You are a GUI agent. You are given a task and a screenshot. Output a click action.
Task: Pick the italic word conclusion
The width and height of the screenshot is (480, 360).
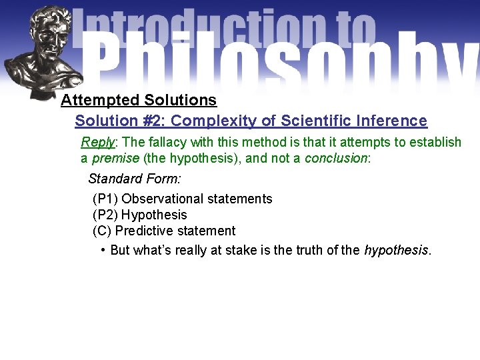tap(335, 159)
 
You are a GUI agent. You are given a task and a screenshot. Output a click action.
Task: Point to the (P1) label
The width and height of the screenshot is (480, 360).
tap(105, 199)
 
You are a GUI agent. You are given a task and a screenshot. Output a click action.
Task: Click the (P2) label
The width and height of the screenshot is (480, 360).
tap(105, 215)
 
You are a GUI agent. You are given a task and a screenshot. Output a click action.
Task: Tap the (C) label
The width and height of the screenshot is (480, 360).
tap(102, 231)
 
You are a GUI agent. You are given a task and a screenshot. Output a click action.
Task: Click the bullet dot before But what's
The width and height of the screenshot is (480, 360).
tap(103, 250)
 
